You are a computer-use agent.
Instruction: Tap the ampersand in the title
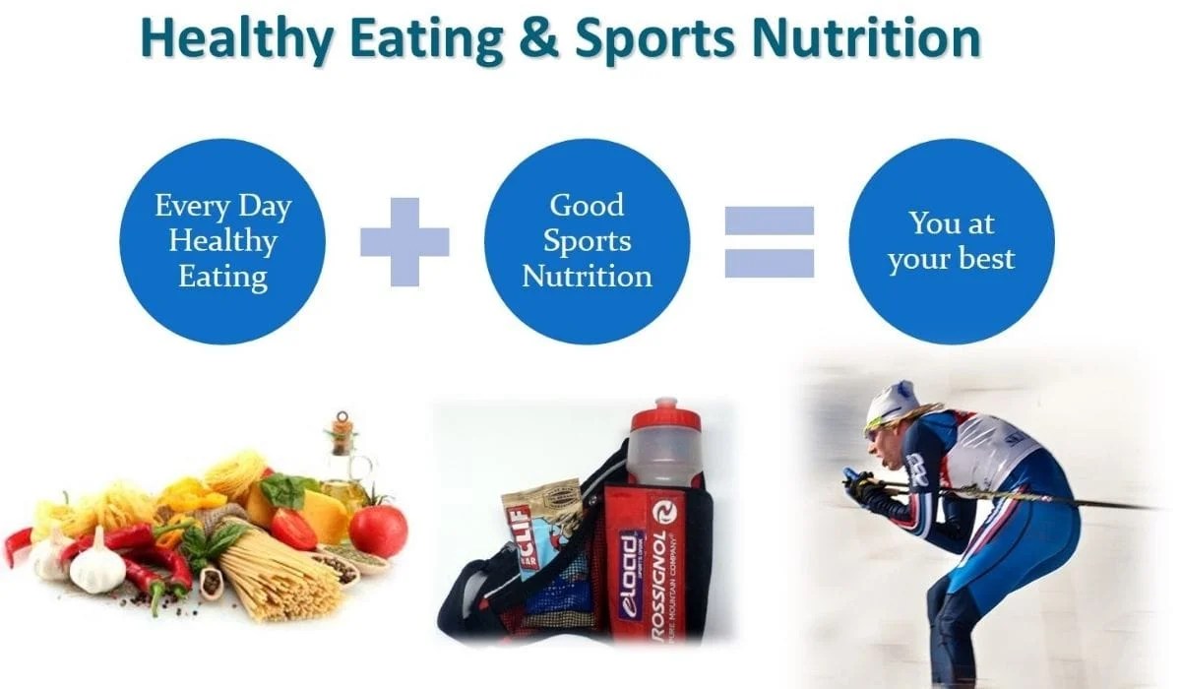click(x=540, y=39)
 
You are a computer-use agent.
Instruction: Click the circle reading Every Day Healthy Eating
click(x=222, y=241)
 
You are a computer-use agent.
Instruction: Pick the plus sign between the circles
click(x=404, y=241)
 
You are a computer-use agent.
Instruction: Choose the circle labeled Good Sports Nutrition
click(x=587, y=241)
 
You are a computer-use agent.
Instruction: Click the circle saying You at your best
click(x=951, y=241)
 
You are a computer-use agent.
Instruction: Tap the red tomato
click(x=378, y=530)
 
